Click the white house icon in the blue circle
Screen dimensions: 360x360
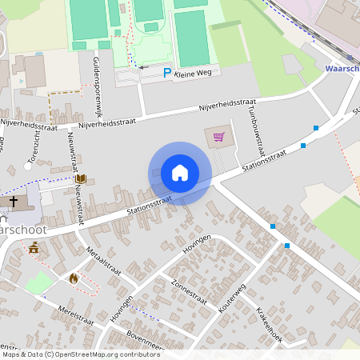180,172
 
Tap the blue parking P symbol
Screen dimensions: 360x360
167,73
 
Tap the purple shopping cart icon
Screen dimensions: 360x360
218,136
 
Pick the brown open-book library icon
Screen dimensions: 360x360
80,180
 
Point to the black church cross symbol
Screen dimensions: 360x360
14,201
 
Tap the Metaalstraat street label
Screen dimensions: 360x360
104,261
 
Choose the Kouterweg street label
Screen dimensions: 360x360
231,306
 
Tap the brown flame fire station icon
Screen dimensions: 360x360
74,278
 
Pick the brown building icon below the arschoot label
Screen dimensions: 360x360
34,249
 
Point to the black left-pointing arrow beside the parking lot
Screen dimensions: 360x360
143,68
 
